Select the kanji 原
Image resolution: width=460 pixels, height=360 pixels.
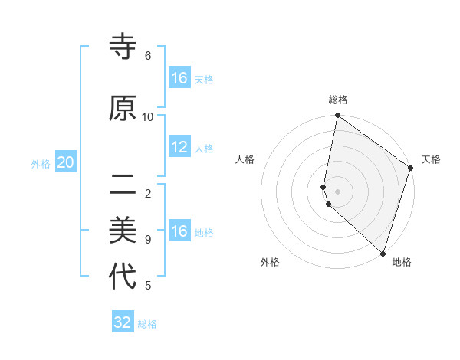pos(123,109)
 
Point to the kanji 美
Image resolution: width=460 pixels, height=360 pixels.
pos(123,229)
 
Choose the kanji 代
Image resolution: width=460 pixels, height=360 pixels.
pos(123,277)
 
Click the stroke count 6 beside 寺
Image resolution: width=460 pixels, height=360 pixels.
pos(148,56)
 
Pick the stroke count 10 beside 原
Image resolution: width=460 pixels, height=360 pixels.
pos(148,117)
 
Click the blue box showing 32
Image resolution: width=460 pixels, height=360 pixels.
pos(123,322)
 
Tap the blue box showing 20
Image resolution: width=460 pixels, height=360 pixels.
pos(66,162)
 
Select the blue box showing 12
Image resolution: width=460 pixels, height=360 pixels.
pos(179,147)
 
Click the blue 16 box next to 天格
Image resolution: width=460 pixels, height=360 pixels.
pos(179,78)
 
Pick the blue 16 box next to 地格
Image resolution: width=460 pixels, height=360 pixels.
pos(179,231)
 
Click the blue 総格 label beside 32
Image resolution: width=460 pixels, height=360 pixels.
pos(147,324)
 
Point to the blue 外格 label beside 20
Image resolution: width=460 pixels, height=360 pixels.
pos(41,163)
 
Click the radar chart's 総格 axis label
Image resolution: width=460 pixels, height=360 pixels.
pos(338,100)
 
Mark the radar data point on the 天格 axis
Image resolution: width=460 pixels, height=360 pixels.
pos(411,169)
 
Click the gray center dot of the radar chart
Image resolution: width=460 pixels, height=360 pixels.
pos(338,191)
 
